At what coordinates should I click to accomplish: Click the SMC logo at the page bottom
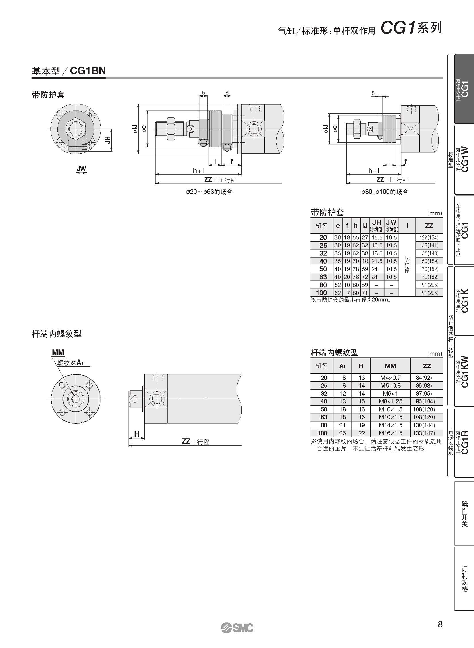tap(237, 628)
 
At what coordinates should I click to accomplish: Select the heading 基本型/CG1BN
tap(69, 71)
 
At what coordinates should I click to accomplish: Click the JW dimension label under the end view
tap(81, 169)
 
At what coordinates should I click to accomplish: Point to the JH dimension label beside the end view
tap(107, 140)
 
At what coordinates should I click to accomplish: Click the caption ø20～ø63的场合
tap(209, 192)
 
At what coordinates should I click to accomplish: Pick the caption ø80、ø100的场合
tap(385, 192)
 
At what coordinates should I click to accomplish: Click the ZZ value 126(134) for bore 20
tap(429, 237)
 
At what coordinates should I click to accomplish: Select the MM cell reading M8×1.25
tap(390, 401)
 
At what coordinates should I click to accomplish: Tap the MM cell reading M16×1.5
tap(390, 433)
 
